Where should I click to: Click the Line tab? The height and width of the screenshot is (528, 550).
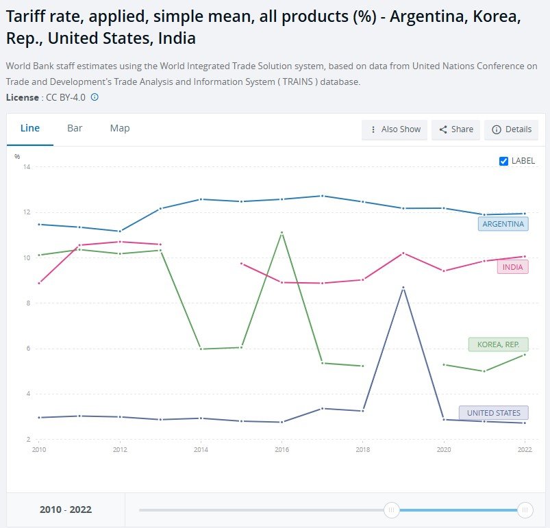point(30,128)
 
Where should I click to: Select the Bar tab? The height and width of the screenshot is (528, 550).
point(75,128)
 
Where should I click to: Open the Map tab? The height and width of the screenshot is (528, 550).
point(120,128)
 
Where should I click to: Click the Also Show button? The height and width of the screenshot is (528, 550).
point(395,129)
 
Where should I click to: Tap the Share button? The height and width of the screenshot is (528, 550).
point(456,129)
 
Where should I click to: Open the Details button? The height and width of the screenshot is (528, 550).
point(512,129)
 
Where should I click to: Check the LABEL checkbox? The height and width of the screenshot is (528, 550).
point(504,161)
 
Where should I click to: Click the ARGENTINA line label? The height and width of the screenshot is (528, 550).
point(503,224)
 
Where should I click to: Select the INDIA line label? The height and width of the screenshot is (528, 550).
point(512,267)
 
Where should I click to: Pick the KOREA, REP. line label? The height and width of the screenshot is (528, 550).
point(498,344)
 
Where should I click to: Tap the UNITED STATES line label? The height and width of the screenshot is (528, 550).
point(493,413)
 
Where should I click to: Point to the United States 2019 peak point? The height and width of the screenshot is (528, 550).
point(403,288)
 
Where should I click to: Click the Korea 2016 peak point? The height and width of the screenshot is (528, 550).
point(282,233)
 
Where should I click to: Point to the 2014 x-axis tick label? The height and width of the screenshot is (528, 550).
point(201,451)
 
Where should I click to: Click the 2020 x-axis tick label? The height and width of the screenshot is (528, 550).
point(444,451)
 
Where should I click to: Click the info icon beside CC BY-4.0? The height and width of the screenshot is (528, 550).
point(95,97)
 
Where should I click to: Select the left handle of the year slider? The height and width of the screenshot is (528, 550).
point(392,510)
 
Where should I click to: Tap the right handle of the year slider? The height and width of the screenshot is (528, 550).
point(525,510)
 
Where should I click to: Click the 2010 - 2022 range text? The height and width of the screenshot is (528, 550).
point(66,510)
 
